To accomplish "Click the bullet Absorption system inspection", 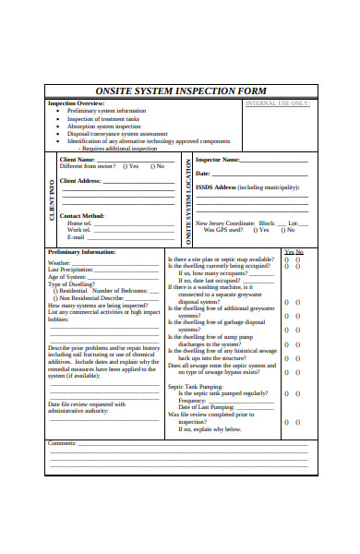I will pos(107,126).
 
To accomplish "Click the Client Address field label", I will pos(80,181).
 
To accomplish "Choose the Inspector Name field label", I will pos(218,159).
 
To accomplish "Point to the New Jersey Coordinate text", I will pos(225,223).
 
